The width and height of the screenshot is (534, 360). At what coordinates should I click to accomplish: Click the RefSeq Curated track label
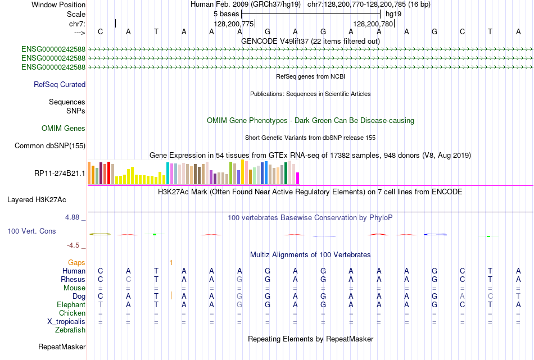60,85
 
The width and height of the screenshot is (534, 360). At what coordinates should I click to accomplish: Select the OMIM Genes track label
64,129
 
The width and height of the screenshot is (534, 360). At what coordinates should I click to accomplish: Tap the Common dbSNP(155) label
50,146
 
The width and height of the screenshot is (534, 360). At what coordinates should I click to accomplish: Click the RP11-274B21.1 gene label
60,173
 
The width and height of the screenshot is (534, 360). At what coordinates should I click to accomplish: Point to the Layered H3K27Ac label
37,199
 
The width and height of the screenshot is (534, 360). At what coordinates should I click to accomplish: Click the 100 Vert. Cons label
31,231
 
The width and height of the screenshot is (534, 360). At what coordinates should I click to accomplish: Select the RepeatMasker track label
62,347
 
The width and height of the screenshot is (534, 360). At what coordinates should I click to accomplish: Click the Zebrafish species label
70,330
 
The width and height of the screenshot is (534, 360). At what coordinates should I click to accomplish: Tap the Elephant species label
71,305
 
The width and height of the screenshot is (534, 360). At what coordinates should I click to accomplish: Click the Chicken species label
72,313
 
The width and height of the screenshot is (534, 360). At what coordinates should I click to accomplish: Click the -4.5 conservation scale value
75,245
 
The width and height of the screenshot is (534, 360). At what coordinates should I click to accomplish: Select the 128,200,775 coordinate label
234,24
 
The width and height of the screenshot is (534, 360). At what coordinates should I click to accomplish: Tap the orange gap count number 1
171,262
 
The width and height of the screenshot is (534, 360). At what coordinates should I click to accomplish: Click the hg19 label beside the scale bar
393,13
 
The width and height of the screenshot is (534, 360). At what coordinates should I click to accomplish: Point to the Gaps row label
76,262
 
